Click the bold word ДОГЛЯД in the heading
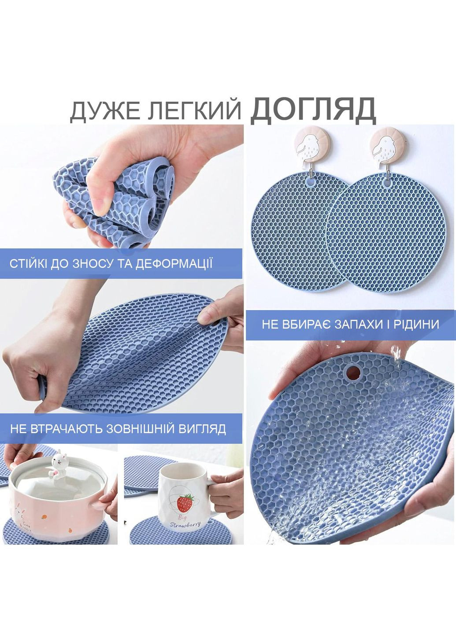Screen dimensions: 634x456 (x=313, y=110)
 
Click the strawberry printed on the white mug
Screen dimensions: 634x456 (x=185, y=501)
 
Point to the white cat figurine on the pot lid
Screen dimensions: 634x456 (x=57, y=467)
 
